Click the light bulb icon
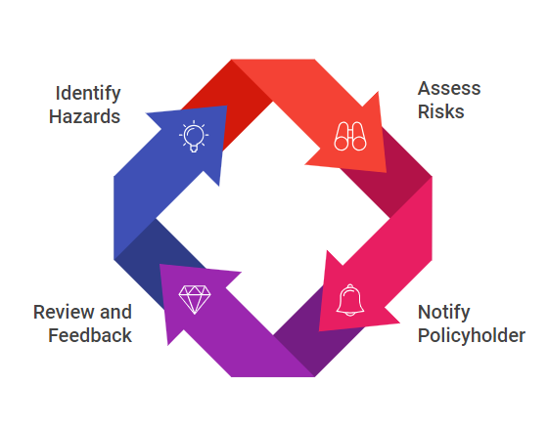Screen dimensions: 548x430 point(194,136)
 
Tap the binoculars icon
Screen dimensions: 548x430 point(350,136)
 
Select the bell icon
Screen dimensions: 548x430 point(350,300)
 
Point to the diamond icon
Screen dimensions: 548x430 point(195,299)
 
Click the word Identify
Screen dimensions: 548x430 point(88,94)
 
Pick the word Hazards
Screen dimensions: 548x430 point(84,116)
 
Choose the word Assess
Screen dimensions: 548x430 point(449,88)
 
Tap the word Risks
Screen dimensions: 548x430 point(441,112)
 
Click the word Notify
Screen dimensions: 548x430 point(444,313)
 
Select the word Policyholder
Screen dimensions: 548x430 point(472,336)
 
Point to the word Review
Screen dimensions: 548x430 point(65,312)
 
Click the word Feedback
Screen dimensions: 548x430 point(90,335)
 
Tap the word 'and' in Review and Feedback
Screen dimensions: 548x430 point(115,312)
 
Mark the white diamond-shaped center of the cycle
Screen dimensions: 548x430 point(273,219)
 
